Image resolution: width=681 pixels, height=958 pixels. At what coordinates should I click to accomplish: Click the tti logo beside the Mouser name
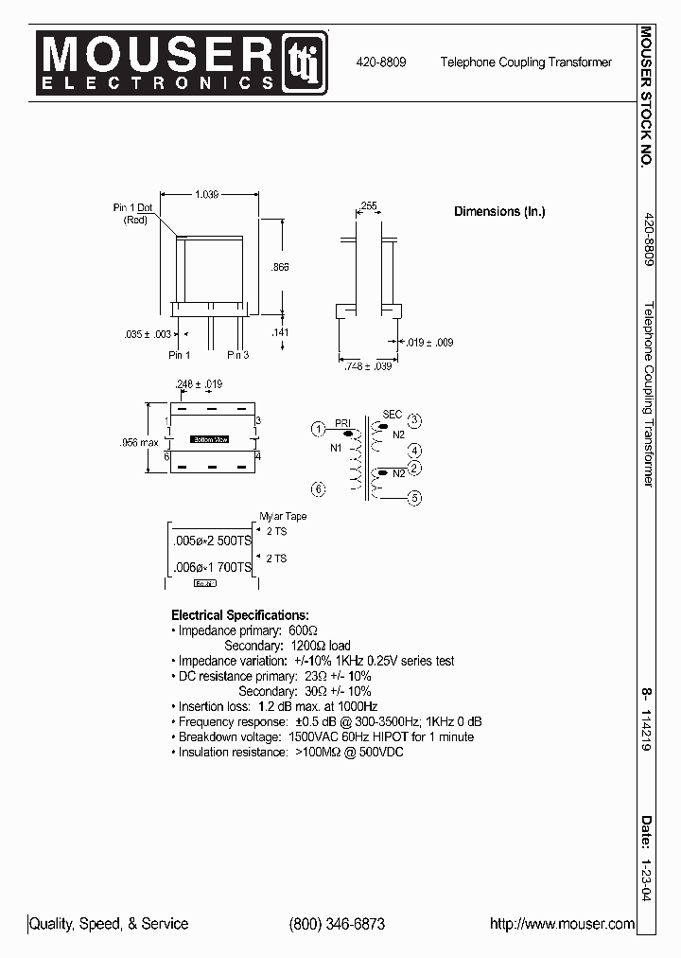click(305, 62)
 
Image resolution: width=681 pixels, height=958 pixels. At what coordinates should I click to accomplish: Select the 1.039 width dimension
click(206, 194)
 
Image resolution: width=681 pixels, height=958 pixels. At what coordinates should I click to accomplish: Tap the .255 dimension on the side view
click(368, 205)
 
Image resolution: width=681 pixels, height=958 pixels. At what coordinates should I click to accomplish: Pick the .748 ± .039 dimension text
click(367, 365)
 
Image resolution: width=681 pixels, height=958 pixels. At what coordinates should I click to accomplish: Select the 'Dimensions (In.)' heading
click(499, 212)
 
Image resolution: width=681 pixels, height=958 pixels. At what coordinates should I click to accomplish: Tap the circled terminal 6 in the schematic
click(319, 488)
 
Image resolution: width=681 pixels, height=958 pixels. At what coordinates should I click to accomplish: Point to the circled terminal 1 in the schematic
click(319, 429)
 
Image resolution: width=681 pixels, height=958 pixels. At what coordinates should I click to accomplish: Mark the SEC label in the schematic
click(392, 415)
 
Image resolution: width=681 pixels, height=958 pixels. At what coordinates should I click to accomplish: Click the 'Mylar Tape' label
click(283, 517)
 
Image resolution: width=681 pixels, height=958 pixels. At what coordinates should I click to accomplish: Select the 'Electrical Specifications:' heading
click(239, 614)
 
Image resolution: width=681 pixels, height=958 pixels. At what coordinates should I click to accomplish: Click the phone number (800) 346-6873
click(336, 924)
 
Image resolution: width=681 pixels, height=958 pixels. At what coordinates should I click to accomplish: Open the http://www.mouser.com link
click(562, 924)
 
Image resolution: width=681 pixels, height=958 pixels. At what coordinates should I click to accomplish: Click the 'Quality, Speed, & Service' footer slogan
click(109, 924)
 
